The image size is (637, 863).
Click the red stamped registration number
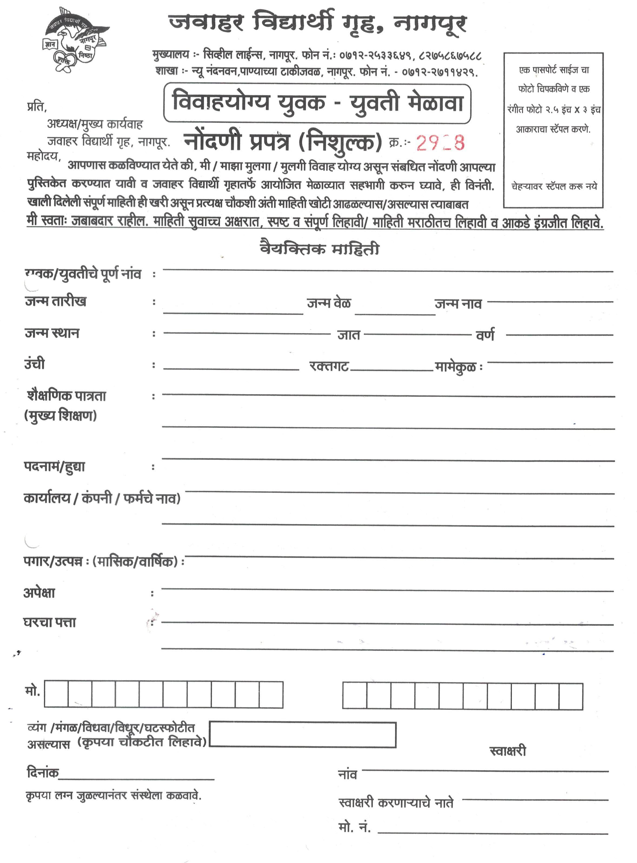[440, 143]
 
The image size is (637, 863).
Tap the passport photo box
[553, 130]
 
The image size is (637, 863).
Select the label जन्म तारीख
[56, 301]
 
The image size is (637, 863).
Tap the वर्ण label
[485, 335]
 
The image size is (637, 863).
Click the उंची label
[35, 364]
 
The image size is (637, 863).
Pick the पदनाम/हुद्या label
[54, 467]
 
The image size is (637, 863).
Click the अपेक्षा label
[39, 592]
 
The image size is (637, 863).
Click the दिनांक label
[43, 773]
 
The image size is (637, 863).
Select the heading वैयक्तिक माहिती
[320, 249]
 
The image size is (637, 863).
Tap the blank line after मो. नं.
[493, 833]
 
